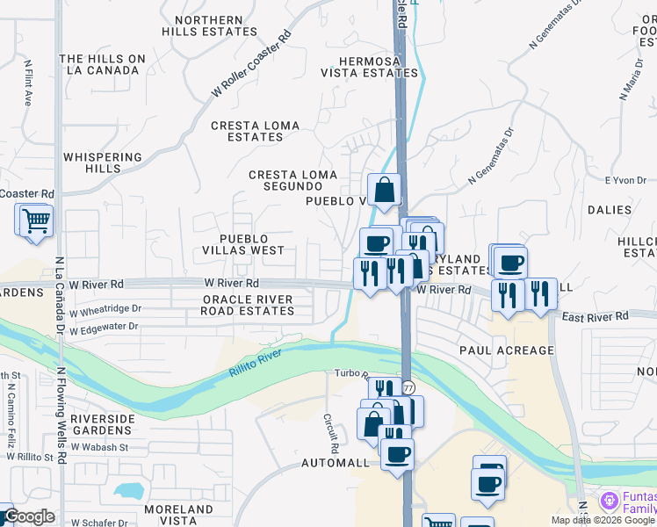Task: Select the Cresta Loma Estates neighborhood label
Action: [x=255, y=131]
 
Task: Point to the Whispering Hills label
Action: [x=103, y=162]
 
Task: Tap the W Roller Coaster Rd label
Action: [x=251, y=66]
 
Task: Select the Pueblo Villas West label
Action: [x=252, y=244]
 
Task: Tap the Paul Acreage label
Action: [x=507, y=350]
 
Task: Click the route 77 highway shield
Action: [x=408, y=387]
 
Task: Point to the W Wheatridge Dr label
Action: [x=105, y=310]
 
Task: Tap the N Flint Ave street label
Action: [x=28, y=83]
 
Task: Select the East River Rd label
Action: [x=596, y=316]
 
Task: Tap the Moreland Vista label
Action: [x=179, y=515]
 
